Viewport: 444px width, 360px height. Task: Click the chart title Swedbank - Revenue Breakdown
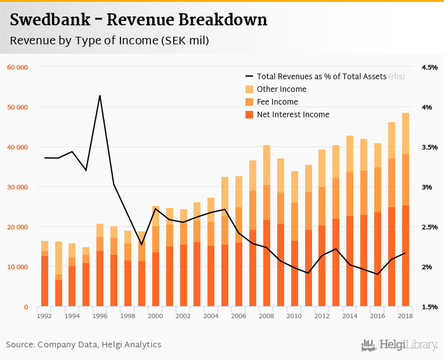coord(138,20)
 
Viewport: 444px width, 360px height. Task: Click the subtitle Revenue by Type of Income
coord(109,41)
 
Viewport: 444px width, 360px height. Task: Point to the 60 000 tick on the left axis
coord(18,67)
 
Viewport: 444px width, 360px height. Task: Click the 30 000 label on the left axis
coord(18,187)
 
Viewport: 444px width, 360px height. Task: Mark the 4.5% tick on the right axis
coord(429,67)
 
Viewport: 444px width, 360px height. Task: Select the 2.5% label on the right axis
coord(429,227)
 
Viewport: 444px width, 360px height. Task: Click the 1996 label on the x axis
coord(100,316)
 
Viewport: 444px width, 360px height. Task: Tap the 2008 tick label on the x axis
coord(266,316)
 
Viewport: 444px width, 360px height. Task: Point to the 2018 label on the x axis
coord(405,316)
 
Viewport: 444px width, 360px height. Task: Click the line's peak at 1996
coord(100,96)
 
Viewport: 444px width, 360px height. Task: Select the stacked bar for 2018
coord(405,209)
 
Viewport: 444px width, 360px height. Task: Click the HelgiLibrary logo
coord(400,345)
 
